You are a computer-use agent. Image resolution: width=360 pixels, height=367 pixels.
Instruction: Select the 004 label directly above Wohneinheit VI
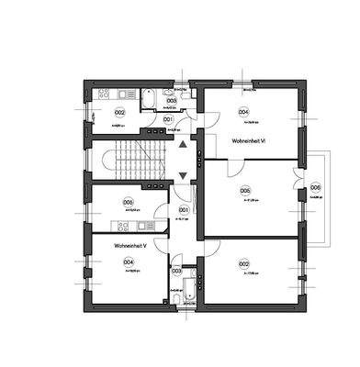(x=243, y=112)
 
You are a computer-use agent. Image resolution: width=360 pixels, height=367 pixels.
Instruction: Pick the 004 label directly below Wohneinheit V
(x=128, y=261)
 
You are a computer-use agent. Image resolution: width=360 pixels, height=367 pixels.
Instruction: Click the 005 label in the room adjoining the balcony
(x=245, y=191)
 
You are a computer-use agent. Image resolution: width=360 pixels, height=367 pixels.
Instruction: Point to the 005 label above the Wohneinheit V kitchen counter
(x=128, y=202)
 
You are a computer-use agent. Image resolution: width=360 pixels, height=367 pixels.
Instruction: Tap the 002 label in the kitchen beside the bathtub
(x=119, y=112)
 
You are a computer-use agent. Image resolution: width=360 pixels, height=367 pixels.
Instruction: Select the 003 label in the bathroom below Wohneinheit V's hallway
(x=176, y=272)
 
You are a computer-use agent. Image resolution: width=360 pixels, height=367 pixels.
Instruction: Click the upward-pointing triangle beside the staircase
(x=184, y=143)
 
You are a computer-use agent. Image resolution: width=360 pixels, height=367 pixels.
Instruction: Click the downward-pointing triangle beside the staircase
(x=184, y=174)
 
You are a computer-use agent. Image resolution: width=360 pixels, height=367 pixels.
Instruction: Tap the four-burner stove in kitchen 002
(x=102, y=94)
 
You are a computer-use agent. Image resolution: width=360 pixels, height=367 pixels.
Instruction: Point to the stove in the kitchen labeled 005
(x=118, y=226)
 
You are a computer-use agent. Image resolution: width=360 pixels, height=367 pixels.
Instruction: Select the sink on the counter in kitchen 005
(x=138, y=226)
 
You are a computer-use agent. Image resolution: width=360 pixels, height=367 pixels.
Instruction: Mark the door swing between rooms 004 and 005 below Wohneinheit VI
(x=232, y=165)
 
